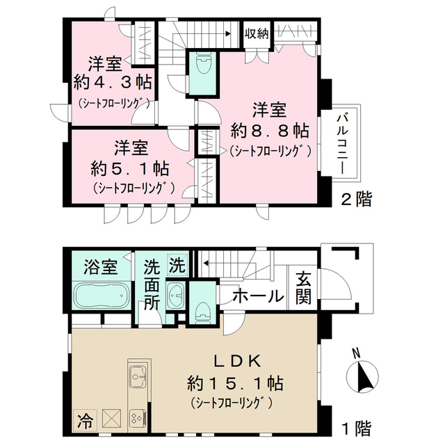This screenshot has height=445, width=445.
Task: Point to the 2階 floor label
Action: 355,200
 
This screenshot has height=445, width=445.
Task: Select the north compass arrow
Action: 362,376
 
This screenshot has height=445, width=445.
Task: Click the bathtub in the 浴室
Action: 99,296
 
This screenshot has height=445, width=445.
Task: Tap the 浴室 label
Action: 98,267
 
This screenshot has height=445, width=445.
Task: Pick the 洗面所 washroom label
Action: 152,286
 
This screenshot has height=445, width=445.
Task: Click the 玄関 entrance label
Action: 304,288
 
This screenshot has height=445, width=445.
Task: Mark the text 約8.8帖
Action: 270,129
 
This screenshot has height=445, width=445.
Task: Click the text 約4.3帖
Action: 113,83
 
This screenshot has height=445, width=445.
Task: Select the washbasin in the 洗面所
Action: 175,296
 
